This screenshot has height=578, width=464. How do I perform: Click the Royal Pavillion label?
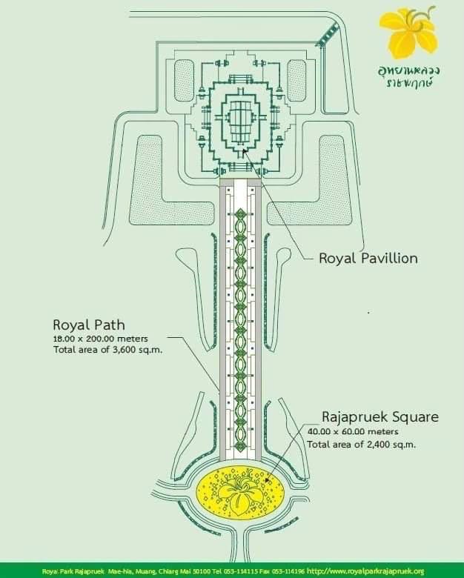368,258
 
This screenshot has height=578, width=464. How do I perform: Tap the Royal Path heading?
89,325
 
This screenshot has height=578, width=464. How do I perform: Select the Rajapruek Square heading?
380,417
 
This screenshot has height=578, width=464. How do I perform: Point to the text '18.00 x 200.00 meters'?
101,339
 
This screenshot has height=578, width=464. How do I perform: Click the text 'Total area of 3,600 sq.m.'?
108,350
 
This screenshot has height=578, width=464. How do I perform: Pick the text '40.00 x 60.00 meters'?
353,431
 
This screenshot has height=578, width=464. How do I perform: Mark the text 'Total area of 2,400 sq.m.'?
362,444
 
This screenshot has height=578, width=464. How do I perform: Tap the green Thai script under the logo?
409,76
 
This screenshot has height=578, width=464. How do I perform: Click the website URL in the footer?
365,571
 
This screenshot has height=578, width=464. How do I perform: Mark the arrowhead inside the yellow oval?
268,481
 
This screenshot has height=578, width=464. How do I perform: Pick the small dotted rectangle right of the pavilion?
296,80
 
